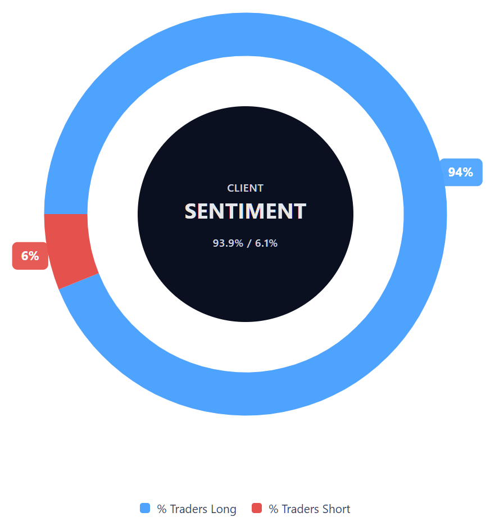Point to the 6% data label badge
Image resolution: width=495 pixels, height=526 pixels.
[x=30, y=256]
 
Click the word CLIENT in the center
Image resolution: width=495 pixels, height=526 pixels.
[x=245, y=188]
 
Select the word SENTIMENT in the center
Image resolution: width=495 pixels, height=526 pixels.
[x=245, y=211]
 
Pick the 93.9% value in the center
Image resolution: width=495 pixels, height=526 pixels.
[x=228, y=243]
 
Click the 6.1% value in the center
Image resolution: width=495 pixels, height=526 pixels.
[x=266, y=243]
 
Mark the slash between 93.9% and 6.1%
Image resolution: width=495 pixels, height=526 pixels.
[x=249, y=243]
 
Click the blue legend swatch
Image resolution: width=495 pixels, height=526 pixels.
[x=145, y=508]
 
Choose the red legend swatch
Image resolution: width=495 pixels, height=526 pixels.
[x=257, y=508]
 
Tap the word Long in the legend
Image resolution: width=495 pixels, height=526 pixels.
[x=223, y=509]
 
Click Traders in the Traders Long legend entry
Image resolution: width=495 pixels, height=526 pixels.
[x=188, y=509]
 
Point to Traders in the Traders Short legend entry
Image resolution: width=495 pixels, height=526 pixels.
[x=300, y=509]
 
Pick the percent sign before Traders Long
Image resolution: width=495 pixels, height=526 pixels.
[x=162, y=509]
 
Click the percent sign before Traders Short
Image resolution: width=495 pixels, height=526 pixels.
[x=274, y=509]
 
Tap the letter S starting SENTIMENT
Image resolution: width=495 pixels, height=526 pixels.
[x=192, y=211]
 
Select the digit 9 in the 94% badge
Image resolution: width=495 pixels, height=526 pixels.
[x=452, y=172]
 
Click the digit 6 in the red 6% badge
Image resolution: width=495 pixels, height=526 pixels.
[x=25, y=256]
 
